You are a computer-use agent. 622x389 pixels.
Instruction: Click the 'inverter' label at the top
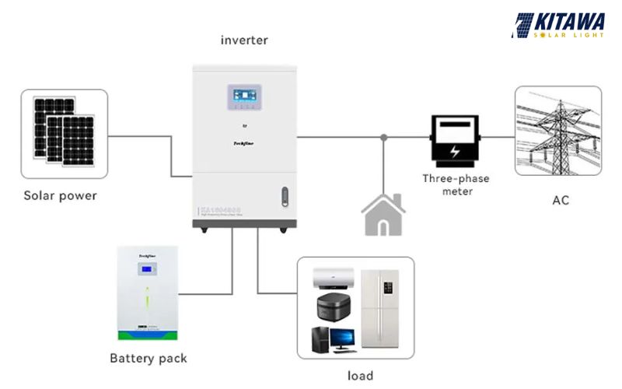point(244,40)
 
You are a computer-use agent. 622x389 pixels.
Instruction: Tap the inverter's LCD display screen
point(244,96)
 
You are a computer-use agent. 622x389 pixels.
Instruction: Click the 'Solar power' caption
point(60,195)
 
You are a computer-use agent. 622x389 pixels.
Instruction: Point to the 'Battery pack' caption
point(148,359)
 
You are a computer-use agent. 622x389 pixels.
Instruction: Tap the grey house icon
point(383,214)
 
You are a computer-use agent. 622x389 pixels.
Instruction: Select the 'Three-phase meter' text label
point(456,184)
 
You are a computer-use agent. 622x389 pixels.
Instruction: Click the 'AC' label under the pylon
point(561,200)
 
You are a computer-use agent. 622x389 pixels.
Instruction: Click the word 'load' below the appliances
point(359,376)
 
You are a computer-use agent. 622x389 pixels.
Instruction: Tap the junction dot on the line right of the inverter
point(383,138)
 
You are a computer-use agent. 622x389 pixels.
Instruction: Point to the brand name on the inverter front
point(244,142)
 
